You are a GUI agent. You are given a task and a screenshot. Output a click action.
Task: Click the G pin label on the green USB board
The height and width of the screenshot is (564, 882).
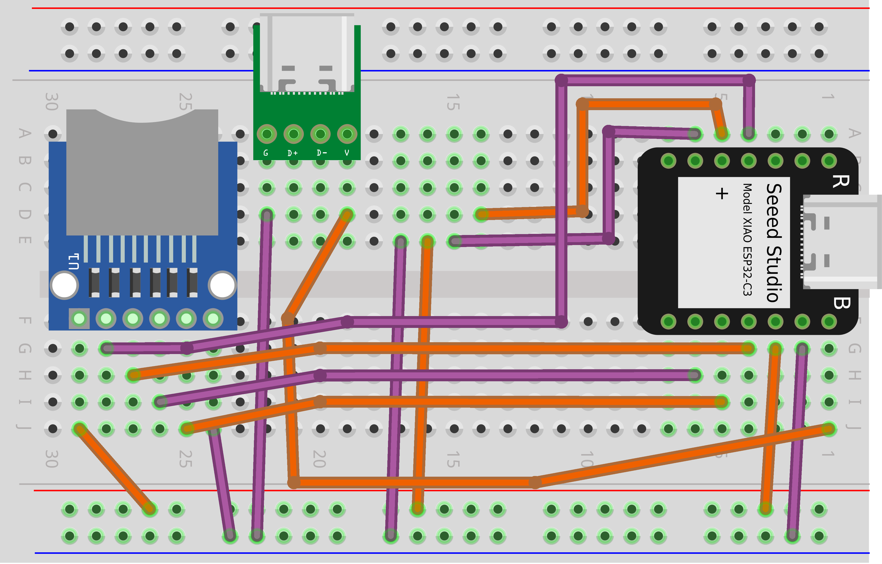(x=266, y=153)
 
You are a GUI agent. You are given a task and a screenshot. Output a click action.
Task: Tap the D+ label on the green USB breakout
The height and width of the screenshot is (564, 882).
(x=293, y=153)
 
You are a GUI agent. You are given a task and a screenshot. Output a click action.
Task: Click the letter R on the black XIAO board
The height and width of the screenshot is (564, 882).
(x=841, y=181)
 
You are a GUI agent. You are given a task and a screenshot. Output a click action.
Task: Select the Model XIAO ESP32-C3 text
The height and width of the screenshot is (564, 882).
(x=747, y=239)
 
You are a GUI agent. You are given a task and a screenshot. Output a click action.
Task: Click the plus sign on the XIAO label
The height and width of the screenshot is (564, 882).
(x=722, y=193)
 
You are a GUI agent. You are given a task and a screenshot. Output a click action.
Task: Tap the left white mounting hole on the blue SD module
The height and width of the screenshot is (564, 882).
(x=64, y=285)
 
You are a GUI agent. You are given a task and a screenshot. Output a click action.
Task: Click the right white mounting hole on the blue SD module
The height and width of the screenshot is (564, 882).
(x=222, y=285)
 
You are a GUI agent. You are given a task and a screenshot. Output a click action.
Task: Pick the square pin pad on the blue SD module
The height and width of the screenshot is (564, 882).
(x=79, y=319)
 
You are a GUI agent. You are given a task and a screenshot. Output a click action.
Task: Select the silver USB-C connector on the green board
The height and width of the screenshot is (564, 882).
(x=307, y=53)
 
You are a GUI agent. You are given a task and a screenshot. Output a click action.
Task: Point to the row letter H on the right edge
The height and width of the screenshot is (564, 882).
(x=854, y=375)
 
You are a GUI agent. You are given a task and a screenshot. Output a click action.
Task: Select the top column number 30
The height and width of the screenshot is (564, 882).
(x=52, y=102)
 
